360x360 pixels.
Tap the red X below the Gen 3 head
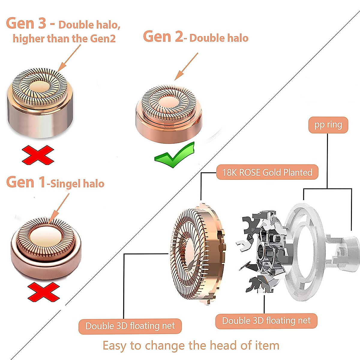pyautogui.click(x=38, y=155)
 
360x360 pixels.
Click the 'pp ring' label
pyautogui.click(x=328, y=125)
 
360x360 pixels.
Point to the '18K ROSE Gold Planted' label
pyautogui.click(x=267, y=172)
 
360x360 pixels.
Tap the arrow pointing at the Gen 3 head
pyautogui.click(x=69, y=58)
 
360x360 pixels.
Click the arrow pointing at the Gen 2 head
pyautogui.click(x=186, y=67)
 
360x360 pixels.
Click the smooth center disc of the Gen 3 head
pyautogui.click(x=39, y=87)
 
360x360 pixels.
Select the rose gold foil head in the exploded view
pyautogui.click(x=198, y=254)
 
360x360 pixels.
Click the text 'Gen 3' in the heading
pyautogui.click(x=26, y=23)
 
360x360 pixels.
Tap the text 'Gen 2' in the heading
pyautogui.click(x=163, y=36)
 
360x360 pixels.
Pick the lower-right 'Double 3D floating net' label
pyautogui.click(x=266, y=321)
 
